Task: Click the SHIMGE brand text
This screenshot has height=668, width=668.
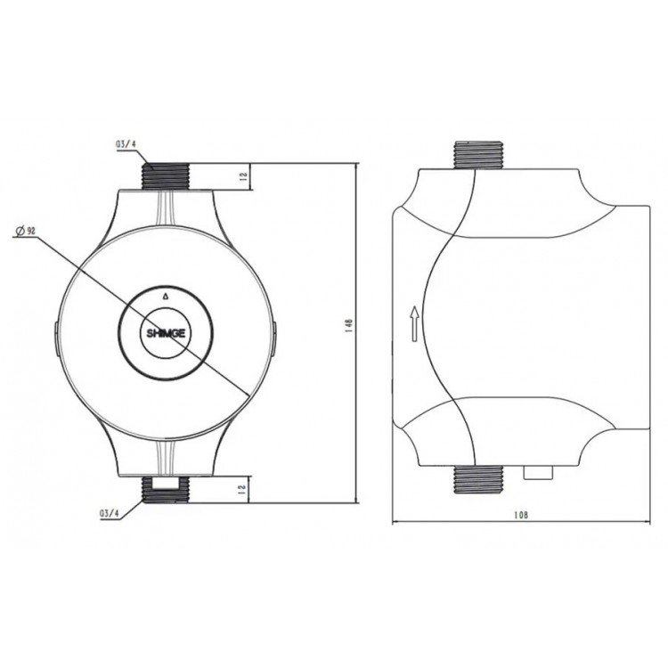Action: click(x=166, y=333)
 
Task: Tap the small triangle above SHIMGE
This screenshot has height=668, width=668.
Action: click(x=166, y=296)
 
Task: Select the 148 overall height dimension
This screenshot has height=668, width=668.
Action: click(x=350, y=325)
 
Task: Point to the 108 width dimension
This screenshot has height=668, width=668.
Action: click(x=521, y=515)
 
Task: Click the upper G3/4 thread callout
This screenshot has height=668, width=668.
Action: click(x=126, y=144)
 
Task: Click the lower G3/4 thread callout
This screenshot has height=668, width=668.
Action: click(x=110, y=513)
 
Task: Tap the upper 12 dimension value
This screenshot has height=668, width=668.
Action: click(x=243, y=177)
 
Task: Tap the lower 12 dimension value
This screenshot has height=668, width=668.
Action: click(x=243, y=489)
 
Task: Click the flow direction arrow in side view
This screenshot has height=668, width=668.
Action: click(x=414, y=324)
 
